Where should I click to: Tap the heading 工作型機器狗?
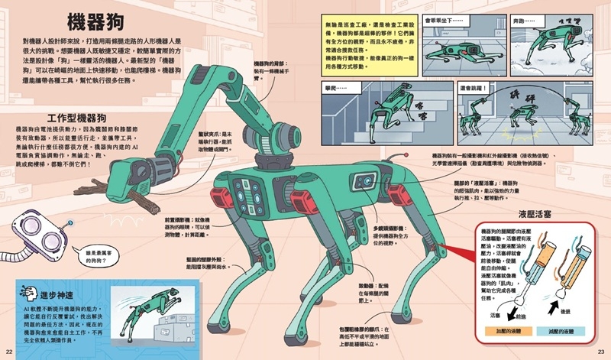75,118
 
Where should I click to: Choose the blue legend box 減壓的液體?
564,334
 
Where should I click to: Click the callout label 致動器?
371,291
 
